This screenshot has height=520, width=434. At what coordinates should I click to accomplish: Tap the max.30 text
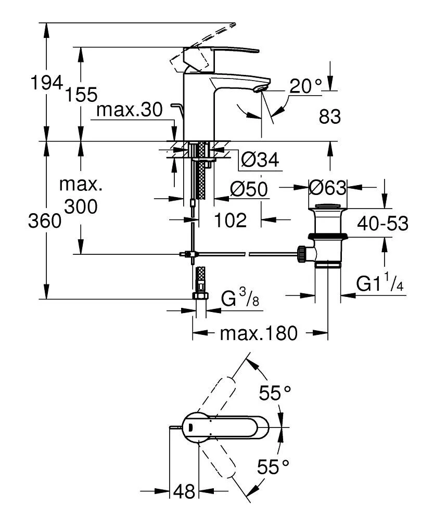(130, 110)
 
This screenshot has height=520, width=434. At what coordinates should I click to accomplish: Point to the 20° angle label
(305, 86)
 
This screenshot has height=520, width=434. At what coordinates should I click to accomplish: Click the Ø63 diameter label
(327, 186)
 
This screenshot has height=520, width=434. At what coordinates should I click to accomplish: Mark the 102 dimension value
(231, 220)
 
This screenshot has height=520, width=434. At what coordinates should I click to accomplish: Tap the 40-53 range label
(382, 224)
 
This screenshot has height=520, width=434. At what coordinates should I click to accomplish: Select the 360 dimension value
(45, 222)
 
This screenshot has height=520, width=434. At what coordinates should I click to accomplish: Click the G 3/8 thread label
(239, 300)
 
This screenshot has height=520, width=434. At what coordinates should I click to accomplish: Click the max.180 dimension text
(258, 333)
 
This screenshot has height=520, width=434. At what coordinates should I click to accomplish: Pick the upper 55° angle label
(275, 393)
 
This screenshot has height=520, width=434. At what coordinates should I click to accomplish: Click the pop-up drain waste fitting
(327, 234)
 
